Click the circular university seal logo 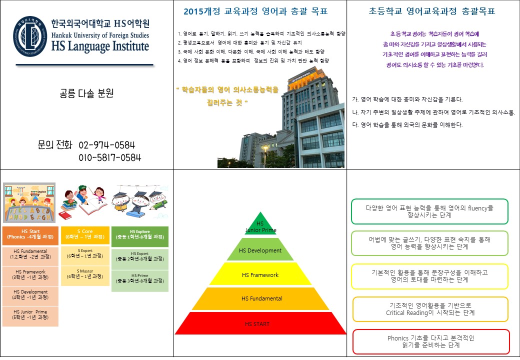click(30, 36)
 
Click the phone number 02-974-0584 click(107, 145)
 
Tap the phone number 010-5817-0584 click(109, 158)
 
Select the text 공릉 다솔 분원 click(86, 93)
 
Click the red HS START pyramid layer click(260, 324)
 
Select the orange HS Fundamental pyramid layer click(260, 299)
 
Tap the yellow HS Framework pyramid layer click(260, 275)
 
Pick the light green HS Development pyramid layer click(260, 250)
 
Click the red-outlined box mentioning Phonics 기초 click(431, 341)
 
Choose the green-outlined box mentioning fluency click(429, 211)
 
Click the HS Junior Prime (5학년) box click(30, 314)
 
